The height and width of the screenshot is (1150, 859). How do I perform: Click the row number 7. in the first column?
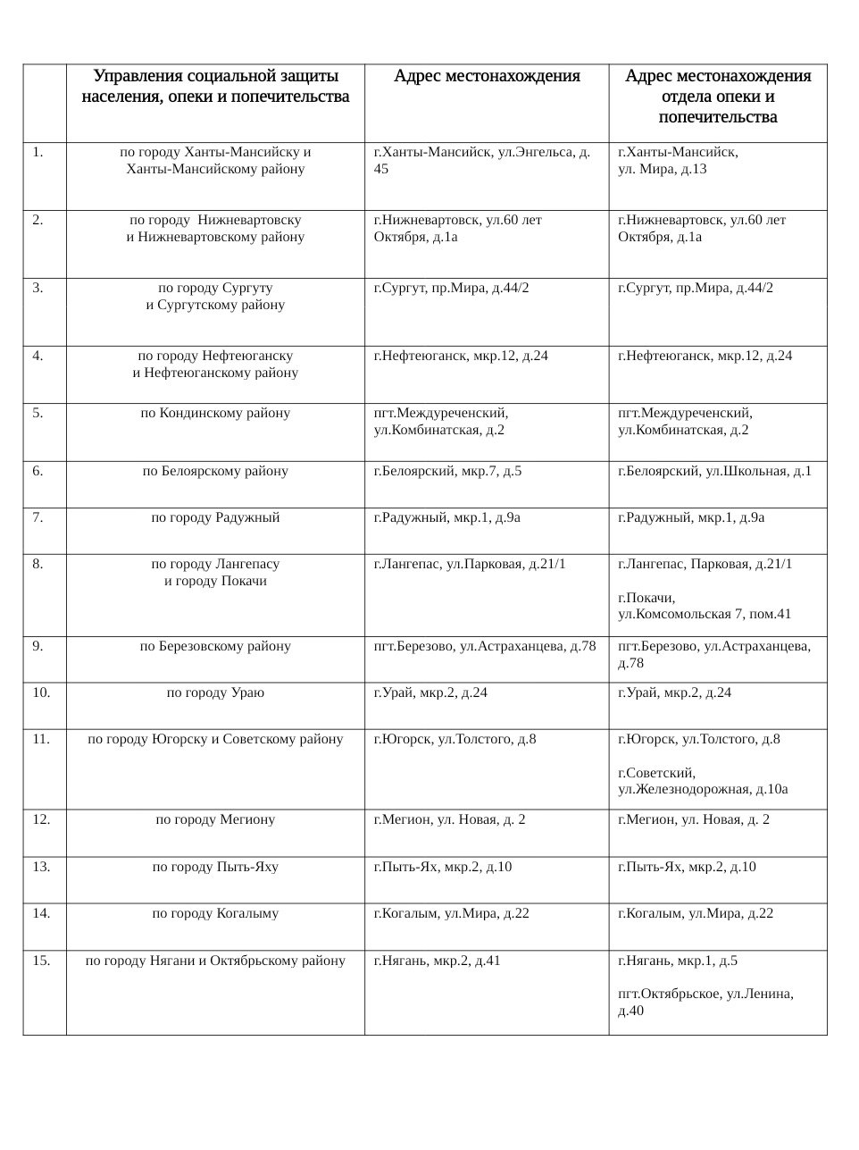[38, 517]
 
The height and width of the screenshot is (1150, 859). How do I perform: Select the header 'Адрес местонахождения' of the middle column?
[487, 76]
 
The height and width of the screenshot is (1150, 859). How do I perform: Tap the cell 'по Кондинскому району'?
[215, 413]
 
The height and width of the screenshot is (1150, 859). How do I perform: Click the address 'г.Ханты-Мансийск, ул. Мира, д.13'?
[678, 160]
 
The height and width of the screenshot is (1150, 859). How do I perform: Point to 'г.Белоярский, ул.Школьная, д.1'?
[714, 471]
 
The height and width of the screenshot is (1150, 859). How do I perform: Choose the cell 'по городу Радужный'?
[215, 517]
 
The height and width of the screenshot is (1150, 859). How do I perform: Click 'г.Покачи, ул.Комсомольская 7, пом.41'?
[704, 606]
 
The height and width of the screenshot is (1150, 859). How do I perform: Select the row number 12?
[41, 819]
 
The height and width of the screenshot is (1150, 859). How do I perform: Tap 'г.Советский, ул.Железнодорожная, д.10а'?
[702, 781]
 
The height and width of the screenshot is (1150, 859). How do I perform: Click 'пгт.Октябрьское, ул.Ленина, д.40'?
[705, 1002]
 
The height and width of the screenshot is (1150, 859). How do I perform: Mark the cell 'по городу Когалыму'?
[215, 913]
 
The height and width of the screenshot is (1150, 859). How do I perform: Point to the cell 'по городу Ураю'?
[215, 693]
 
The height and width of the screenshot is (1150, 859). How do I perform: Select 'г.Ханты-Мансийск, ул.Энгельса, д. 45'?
[481, 160]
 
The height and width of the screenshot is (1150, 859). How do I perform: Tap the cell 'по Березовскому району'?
[215, 646]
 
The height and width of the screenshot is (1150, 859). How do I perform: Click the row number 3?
[38, 288]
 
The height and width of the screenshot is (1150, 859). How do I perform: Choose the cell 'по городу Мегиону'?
[215, 819]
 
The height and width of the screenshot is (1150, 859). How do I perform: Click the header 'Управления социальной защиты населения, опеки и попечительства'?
[215, 86]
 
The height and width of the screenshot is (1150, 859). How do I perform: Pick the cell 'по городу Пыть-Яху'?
[215, 867]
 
